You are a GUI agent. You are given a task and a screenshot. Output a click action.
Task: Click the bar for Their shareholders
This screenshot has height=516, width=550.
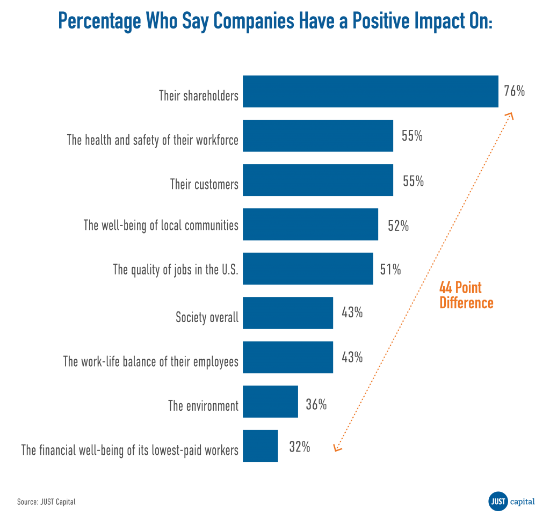[x=371, y=91]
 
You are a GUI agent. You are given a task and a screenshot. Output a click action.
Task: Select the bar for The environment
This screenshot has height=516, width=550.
[x=271, y=401]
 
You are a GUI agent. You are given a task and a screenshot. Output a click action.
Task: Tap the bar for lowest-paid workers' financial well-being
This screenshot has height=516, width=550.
[x=260, y=446]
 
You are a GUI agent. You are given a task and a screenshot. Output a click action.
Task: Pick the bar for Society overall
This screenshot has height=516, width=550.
[x=288, y=312]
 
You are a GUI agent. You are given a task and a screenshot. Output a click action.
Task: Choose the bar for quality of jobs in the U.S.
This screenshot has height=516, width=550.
[x=308, y=268]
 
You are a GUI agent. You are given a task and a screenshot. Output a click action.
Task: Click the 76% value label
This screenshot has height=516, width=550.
[x=514, y=91]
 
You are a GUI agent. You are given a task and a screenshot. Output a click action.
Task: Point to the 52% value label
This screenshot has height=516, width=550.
[x=398, y=226]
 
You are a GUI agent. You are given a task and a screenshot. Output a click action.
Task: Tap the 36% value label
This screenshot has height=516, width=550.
[x=316, y=404]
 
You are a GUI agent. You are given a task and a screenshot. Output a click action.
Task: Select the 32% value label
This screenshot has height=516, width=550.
[x=299, y=447]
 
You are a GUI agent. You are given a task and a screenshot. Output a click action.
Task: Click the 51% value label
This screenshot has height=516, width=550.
[x=390, y=269]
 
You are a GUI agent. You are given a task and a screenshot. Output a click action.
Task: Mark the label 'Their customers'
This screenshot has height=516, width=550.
[x=204, y=185]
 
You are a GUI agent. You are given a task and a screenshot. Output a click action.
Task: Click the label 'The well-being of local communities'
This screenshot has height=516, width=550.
[x=161, y=225]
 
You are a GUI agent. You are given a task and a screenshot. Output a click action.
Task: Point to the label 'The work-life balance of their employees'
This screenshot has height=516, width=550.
[x=150, y=361]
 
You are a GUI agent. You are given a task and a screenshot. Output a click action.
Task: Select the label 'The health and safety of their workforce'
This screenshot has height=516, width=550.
[x=153, y=140]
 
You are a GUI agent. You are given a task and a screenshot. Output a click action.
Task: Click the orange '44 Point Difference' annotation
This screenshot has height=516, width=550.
[x=466, y=295]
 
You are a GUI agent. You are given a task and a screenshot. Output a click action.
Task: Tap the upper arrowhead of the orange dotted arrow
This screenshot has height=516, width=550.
[x=510, y=116]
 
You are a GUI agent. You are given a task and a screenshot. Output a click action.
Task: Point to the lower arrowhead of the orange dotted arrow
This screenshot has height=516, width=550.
[x=337, y=448]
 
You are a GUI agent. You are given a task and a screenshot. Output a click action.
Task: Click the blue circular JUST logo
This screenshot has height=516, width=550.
[x=498, y=501]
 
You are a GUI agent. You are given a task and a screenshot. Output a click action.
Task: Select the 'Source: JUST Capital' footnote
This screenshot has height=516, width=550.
[x=46, y=502]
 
